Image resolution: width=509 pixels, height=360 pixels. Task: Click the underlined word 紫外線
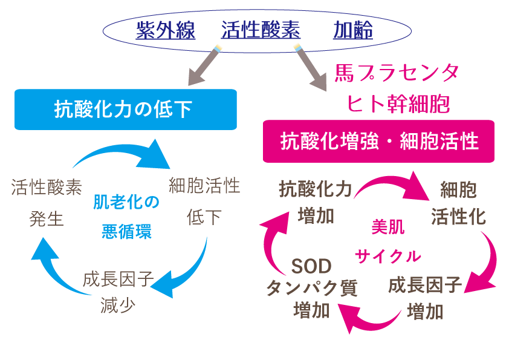coord(166,30)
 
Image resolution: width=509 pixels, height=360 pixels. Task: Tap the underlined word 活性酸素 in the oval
coord(260,30)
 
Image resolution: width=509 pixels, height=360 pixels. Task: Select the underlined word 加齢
coord(352,30)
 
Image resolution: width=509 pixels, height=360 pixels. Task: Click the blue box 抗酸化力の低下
coord(125,110)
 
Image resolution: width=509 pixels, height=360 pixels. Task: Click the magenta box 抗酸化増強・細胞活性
coord(379,142)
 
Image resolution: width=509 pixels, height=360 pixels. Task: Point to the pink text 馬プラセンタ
coord(397,74)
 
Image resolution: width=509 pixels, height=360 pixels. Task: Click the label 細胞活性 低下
coord(204,200)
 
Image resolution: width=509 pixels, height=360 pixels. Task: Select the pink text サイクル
coord(387,257)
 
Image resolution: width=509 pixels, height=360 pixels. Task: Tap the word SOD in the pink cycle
coord(311,266)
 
